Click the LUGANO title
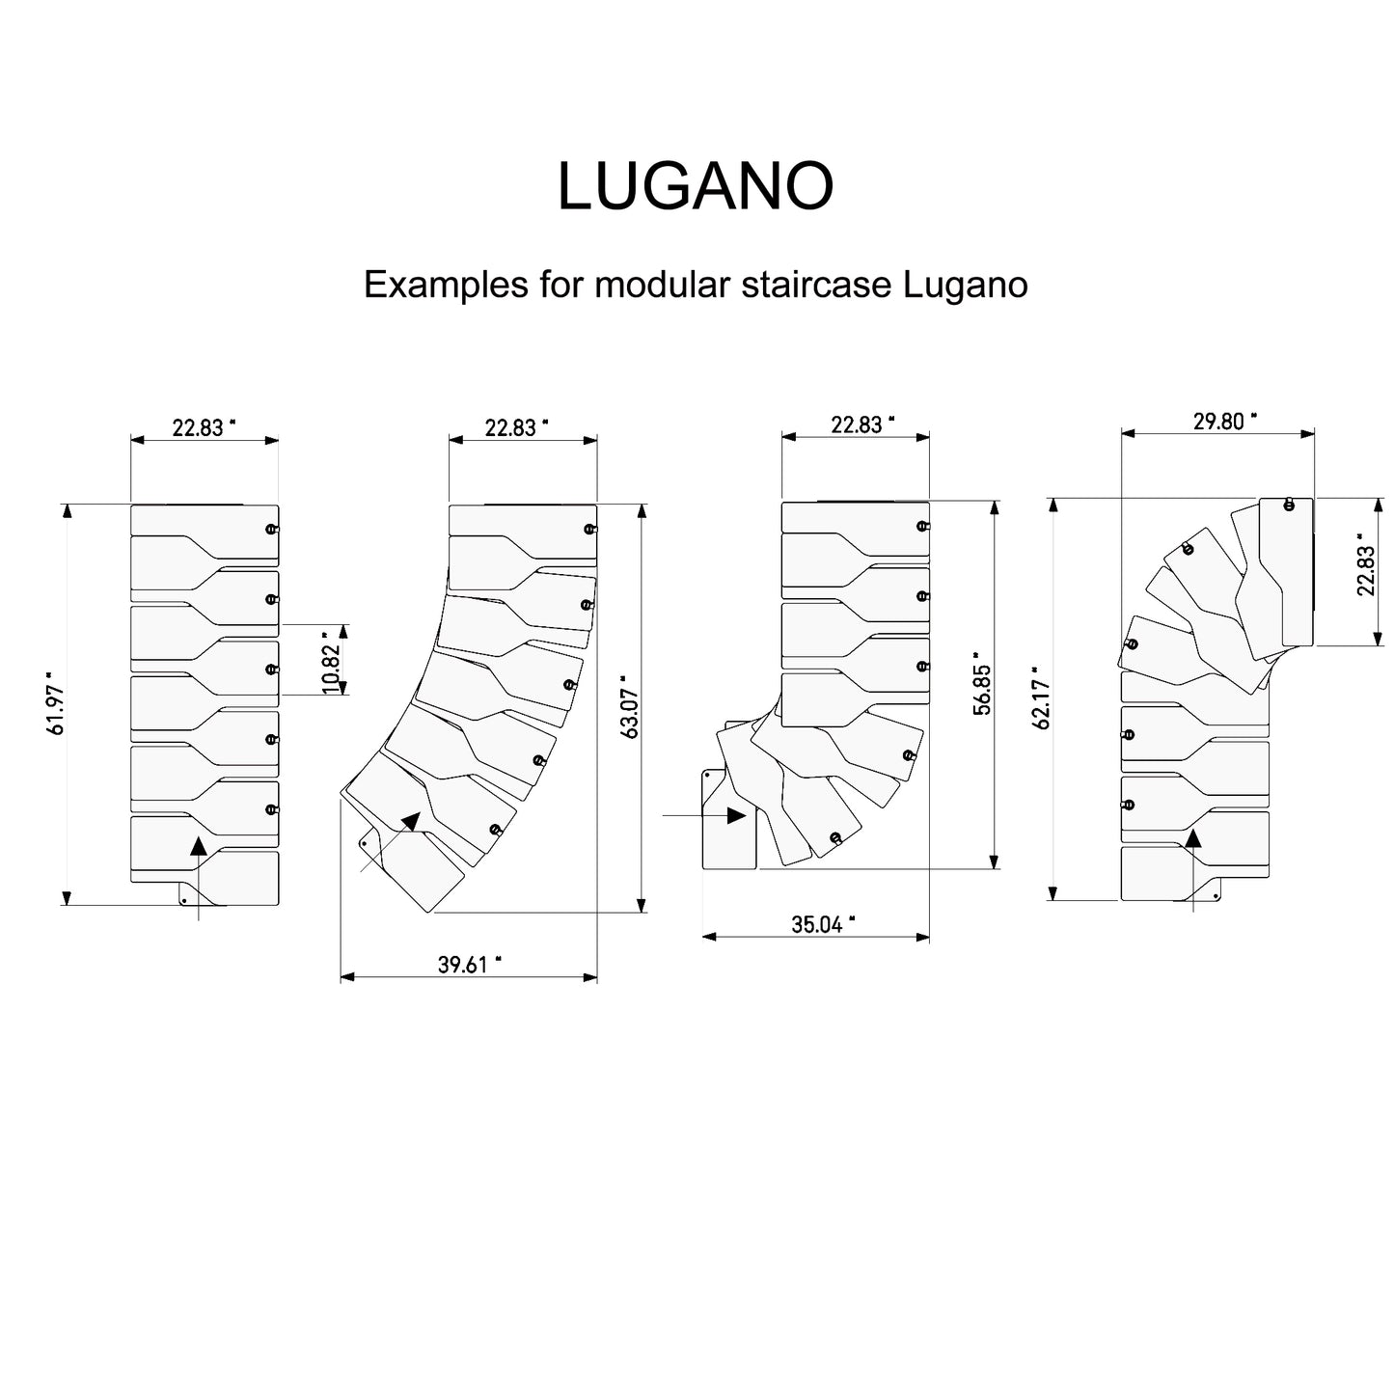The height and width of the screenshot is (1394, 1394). coord(695,186)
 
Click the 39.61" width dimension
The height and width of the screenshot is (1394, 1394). coord(469,965)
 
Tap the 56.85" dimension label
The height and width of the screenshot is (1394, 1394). coord(981,683)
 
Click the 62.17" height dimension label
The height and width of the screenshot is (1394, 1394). coord(1042,697)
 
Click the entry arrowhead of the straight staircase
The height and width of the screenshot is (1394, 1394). coord(198,846)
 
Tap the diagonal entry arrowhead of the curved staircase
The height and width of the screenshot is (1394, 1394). coord(411,822)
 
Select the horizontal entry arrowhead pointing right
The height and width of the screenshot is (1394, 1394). coord(736,815)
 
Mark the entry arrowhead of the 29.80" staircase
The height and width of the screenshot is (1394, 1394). coord(1193,837)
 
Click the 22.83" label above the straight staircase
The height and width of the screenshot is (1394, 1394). coord(204,427)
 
